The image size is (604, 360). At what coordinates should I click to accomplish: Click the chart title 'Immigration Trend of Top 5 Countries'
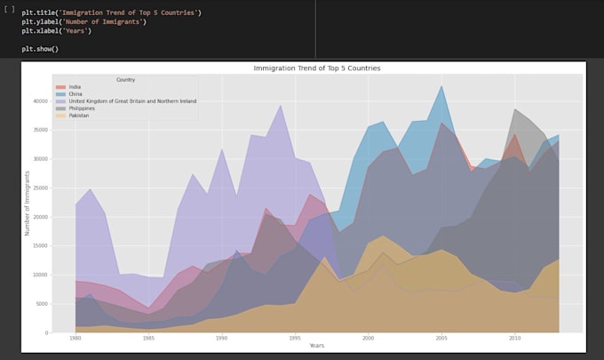point(317,68)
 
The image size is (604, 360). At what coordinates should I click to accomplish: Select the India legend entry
point(75,87)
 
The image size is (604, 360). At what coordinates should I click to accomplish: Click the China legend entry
point(75,94)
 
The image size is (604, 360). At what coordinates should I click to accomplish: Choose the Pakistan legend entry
point(78,116)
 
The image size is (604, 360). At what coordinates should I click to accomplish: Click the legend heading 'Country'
point(126,79)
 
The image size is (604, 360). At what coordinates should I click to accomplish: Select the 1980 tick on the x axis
point(75,339)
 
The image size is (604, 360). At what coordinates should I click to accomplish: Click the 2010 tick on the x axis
point(514,339)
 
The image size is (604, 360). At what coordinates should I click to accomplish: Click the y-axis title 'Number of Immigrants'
point(28,204)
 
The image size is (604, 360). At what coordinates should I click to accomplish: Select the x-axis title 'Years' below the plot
point(317,346)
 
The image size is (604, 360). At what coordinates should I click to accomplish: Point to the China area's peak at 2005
point(441,86)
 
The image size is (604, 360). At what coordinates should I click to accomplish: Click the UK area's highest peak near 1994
point(281,105)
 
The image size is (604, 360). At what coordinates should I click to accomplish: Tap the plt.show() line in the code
point(40,48)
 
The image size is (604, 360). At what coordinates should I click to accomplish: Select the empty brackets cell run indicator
point(9,9)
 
